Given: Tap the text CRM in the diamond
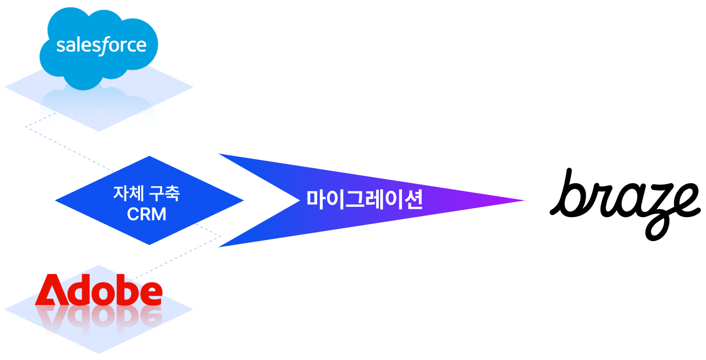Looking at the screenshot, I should click(x=147, y=214).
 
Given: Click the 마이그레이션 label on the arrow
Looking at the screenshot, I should click(x=364, y=200).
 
